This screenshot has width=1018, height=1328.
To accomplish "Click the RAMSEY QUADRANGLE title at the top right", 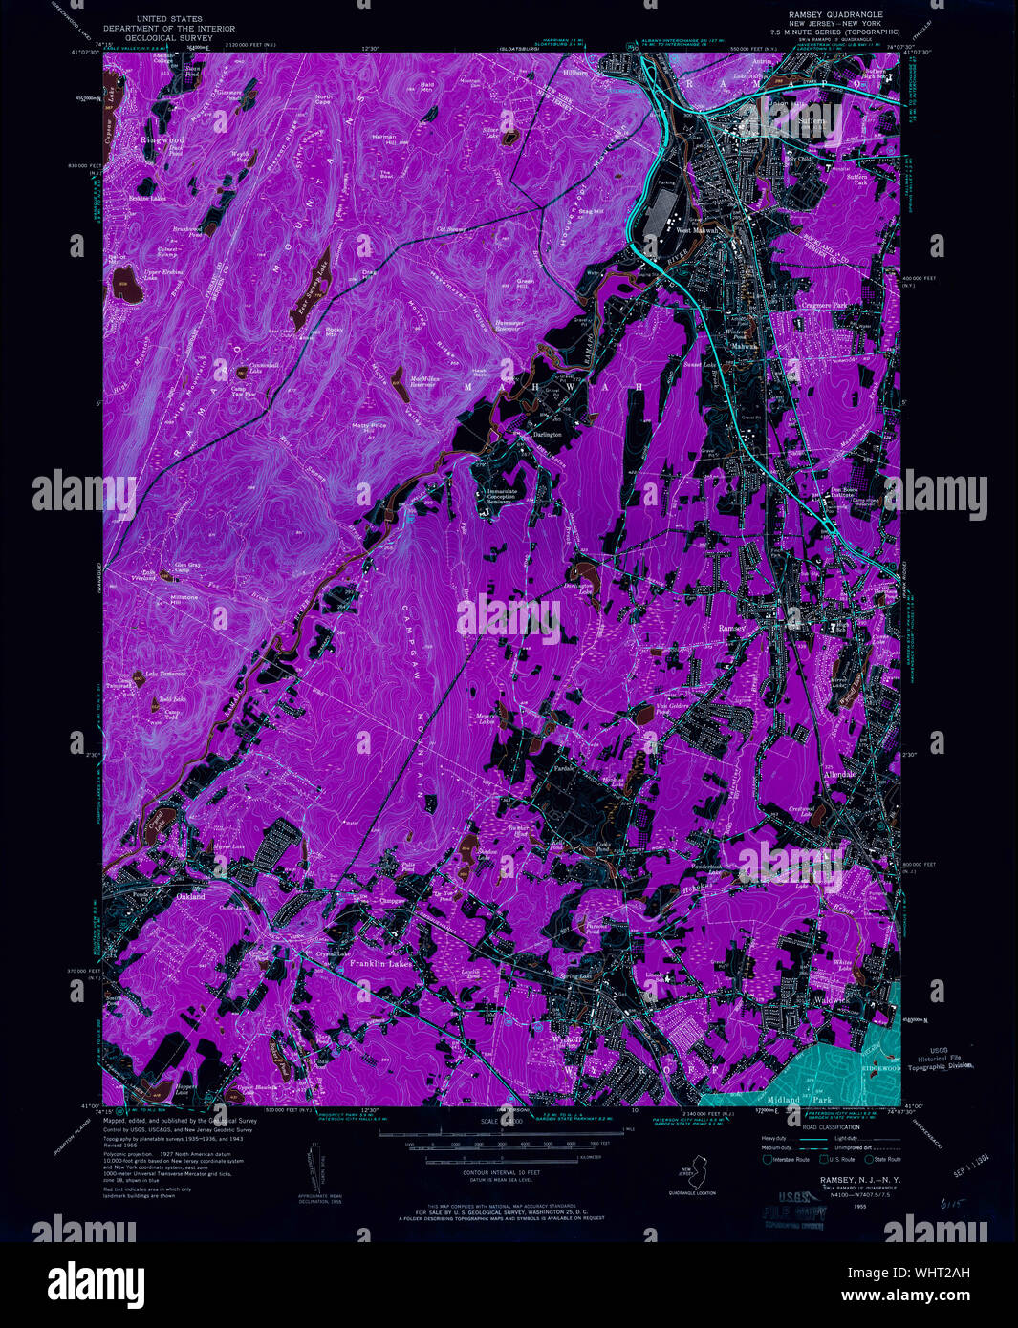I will click(x=835, y=14).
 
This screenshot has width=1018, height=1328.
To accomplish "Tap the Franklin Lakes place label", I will click(x=375, y=965).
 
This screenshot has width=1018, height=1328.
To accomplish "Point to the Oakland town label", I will click(x=190, y=897).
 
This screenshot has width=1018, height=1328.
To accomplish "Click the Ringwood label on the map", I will click(x=162, y=139).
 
